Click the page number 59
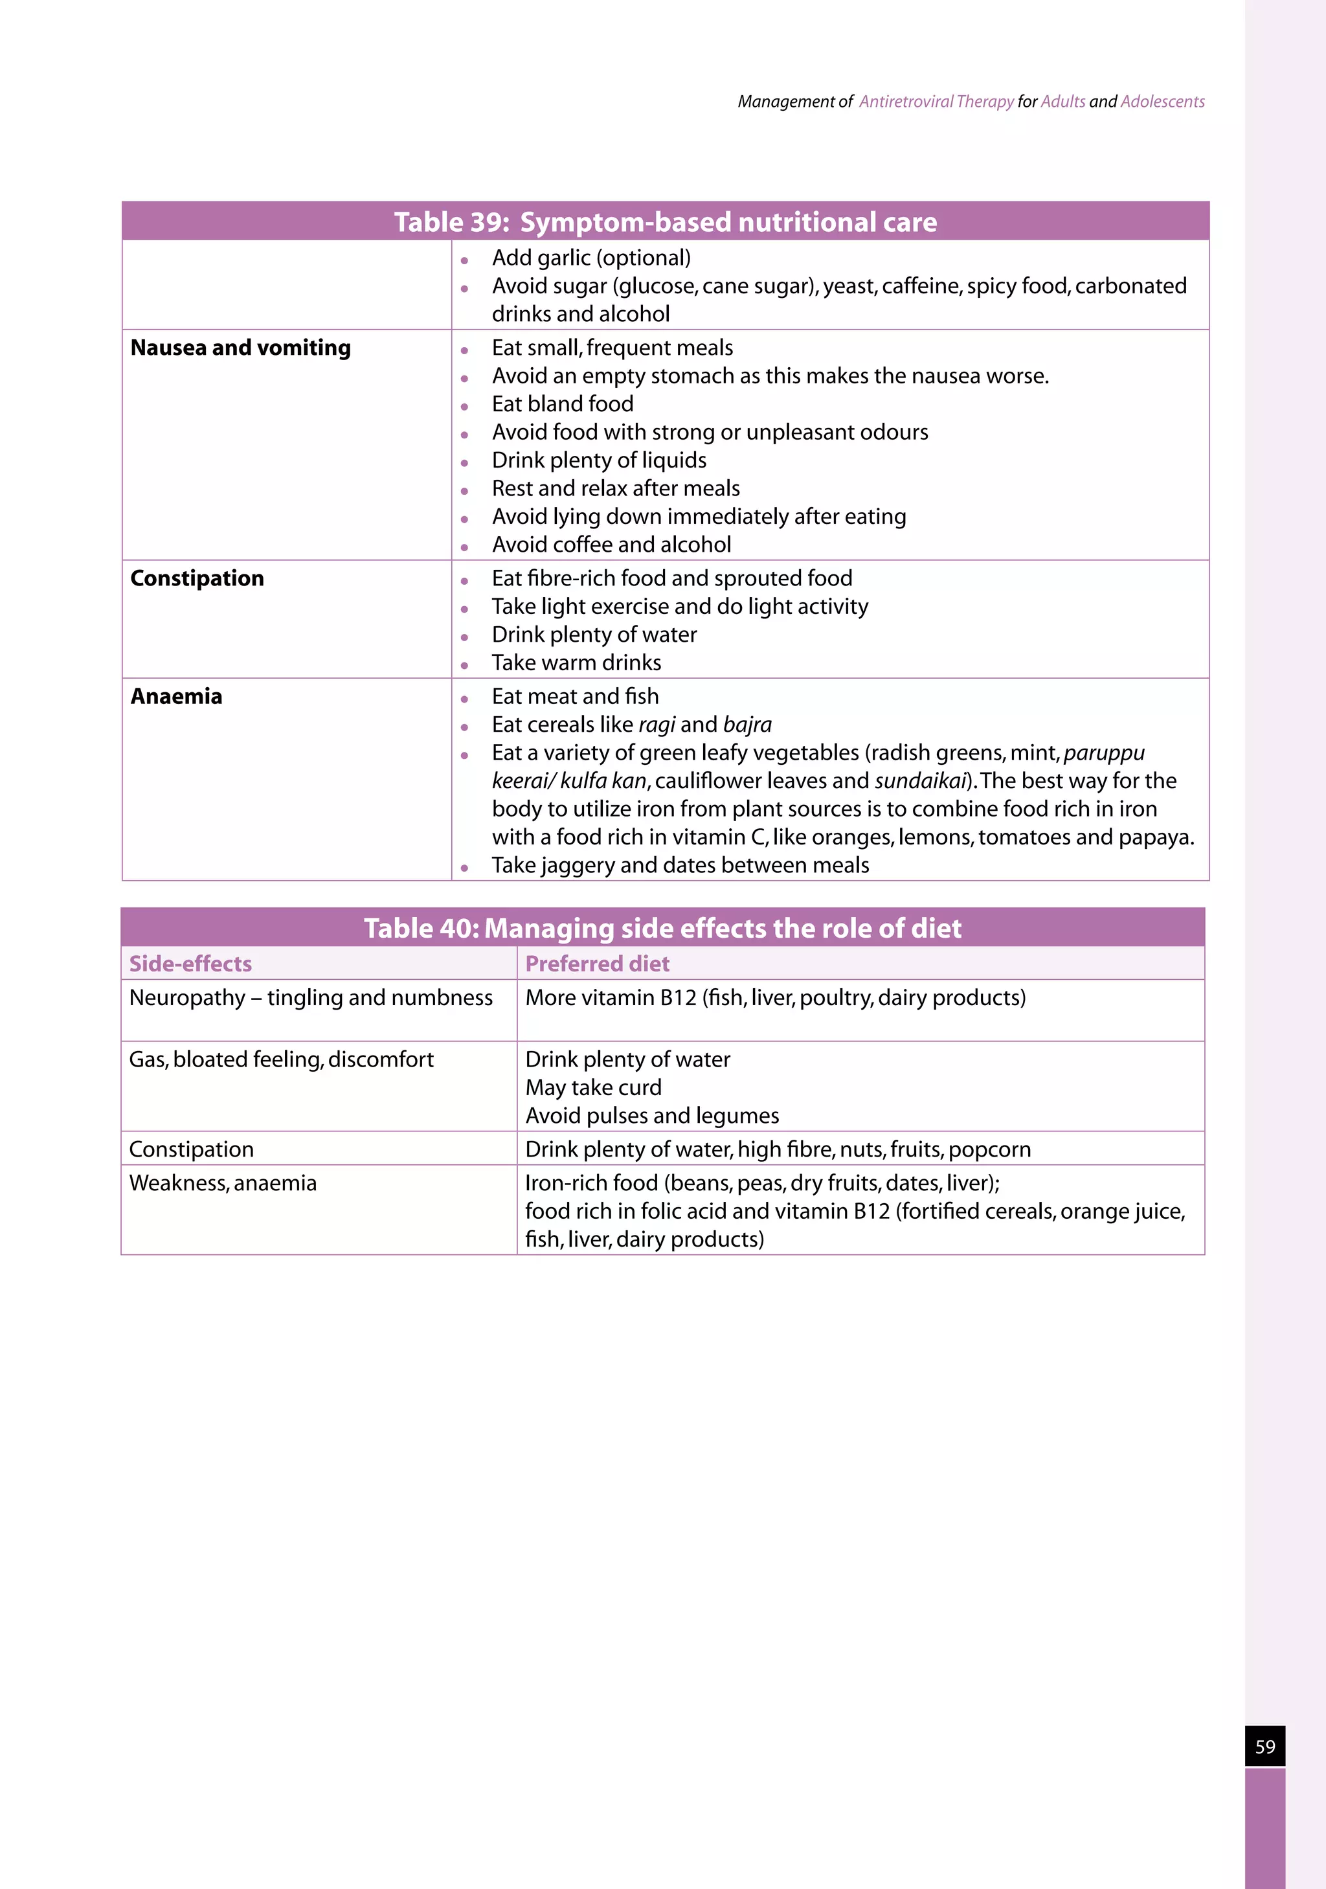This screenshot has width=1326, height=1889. pos(1264,1746)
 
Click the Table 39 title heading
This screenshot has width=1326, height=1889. pos(665,222)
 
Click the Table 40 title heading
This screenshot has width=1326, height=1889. pos(662,928)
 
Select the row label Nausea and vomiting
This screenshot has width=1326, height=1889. pos(240,348)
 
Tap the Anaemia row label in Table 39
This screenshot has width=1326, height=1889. pos(176,697)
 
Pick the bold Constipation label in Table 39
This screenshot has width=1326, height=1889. pos(197,578)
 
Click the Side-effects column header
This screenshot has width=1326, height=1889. pos(190,964)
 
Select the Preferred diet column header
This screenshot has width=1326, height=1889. pos(597,964)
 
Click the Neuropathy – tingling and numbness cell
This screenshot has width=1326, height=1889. pos(310,998)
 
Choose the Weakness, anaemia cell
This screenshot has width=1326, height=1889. pos(222,1183)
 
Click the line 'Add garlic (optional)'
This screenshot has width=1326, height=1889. pos(590,258)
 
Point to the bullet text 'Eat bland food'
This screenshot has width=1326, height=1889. pos(562,404)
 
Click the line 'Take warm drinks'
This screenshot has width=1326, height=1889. pos(576,663)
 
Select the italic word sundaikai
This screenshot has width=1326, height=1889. pos(919,781)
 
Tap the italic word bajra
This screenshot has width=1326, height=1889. pos(747,725)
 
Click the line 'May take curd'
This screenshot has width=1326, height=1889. pos(592,1088)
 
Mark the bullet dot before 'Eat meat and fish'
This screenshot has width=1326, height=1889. pos(464,699)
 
